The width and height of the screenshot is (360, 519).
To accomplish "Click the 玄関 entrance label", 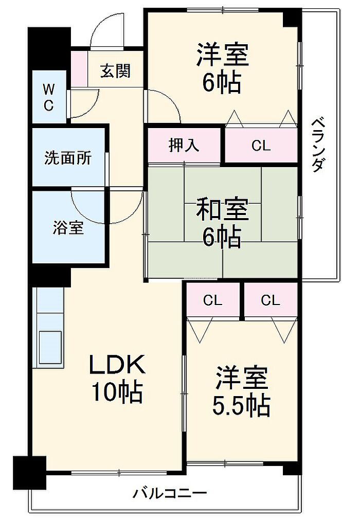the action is tap(115, 71).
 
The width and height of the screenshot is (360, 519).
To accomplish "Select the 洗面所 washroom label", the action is tap(68, 158).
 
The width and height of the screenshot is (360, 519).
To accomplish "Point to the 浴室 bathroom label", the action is tap(68, 227).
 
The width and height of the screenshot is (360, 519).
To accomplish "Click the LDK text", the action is tap(119, 366).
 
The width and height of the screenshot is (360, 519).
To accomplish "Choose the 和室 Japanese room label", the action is tap(223, 210).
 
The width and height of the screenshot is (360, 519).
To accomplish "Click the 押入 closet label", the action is tap(184, 146).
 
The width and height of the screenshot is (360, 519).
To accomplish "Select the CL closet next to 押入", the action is tap(261, 146).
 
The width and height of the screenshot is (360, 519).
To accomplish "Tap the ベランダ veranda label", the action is tap(318, 145).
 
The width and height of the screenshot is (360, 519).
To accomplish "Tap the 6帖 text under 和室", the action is tap(221, 237).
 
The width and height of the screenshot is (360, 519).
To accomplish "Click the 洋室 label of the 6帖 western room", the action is tap(223, 56).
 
